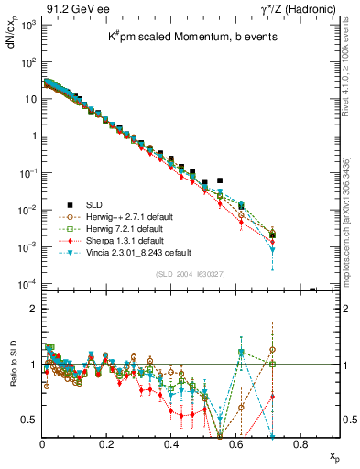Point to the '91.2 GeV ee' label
pyautogui.click(x=72, y=8)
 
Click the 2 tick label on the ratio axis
pyautogui.click(x=32, y=309)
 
